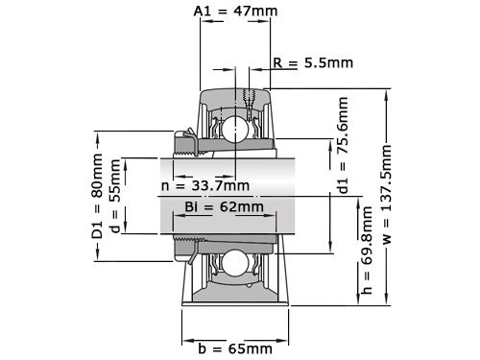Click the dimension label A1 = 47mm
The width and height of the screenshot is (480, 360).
point(236,12)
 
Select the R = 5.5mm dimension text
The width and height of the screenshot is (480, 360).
point(313,63)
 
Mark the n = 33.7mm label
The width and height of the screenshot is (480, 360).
point(204,185)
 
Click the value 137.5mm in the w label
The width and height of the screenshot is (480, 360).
point(388,178)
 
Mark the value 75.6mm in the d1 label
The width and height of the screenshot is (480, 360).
point(344,134)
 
